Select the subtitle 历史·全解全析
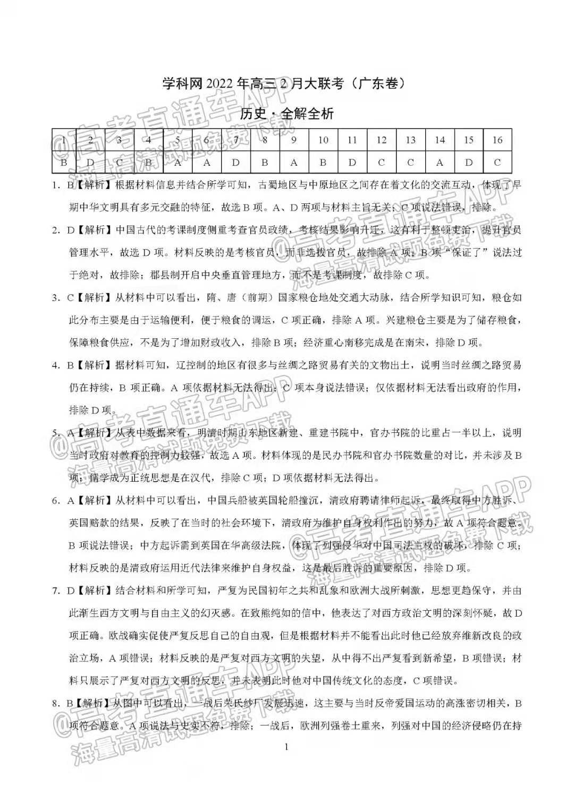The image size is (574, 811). click(x=287, y=114)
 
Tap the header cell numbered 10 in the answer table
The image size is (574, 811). click(x=323, y=140)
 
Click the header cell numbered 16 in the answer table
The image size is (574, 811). click(x=497, y=140)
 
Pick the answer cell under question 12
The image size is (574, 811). click(x=381, y=163)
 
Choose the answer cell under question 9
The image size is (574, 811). click(x=294, y=163)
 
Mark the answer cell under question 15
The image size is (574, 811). click(x=468, y=163)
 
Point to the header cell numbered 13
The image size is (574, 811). click(x=410, y=140)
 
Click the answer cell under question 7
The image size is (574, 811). click(x=236, y=163)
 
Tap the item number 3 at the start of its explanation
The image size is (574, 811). click(x=55, y=298)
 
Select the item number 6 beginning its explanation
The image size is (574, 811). click(x=55, y=500)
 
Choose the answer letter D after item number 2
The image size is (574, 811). click(x=70, y=231)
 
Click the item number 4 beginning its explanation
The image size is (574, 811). click(x=55, y=365)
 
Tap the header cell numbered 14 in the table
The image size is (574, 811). click(x=440, y=140)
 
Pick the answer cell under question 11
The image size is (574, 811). click(x=352, y=163)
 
